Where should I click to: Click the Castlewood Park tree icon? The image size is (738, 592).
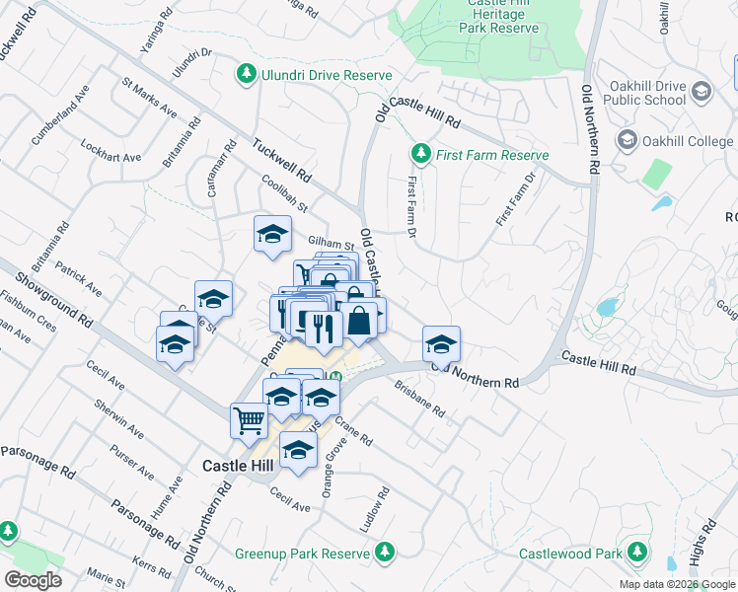click(x=638, y=551)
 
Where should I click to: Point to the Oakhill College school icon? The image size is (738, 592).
click(x=627, y=141)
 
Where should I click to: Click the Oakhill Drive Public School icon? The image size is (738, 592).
click(x=701, y=92)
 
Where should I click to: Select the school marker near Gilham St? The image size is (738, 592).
click(x=272, y=234)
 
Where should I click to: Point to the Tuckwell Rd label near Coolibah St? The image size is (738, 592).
click(x=281, y=159)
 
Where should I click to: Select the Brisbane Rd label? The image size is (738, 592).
click(x=419, y=398)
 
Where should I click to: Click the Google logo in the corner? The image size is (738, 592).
click(x=33, y=580)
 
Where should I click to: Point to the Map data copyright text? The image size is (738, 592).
click(x=677, y=584)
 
